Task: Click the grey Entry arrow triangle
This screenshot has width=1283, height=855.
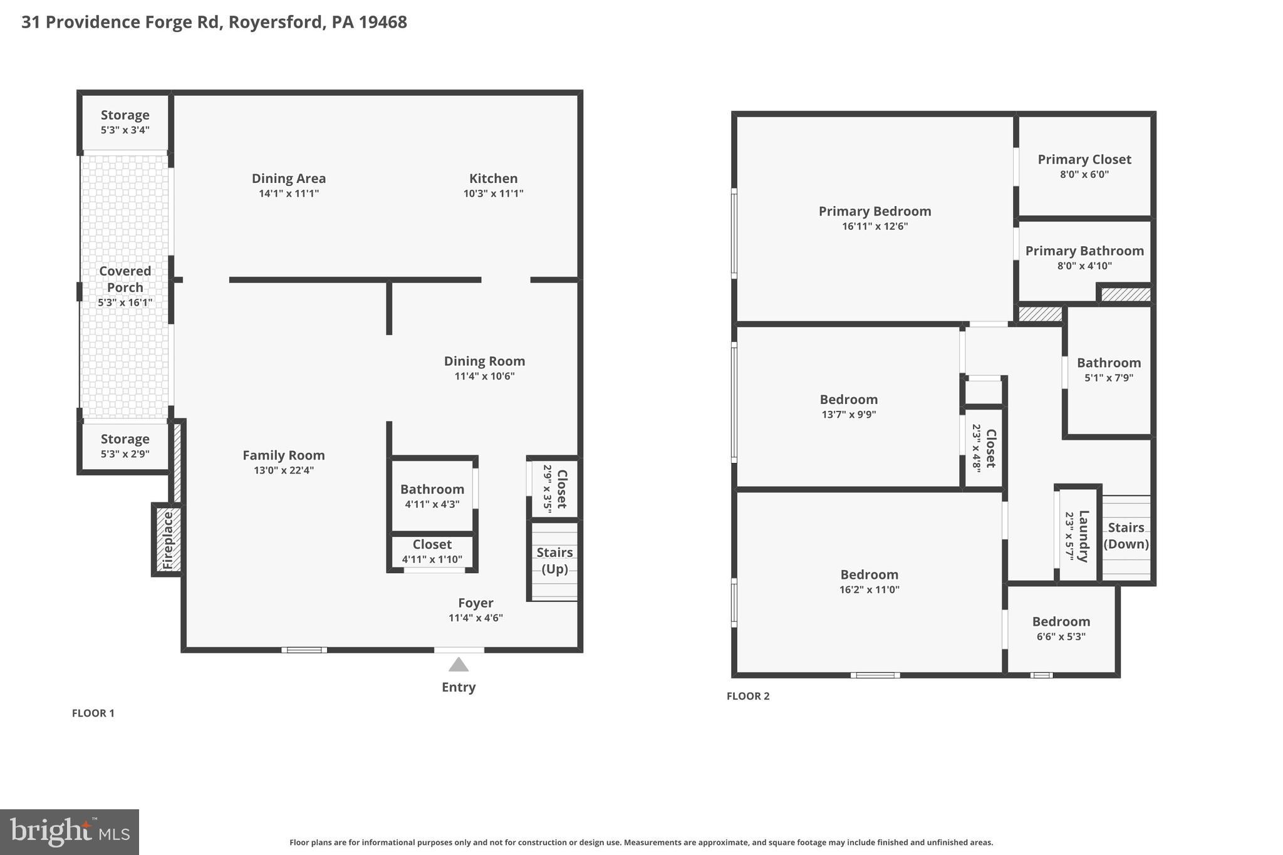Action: (459, 665)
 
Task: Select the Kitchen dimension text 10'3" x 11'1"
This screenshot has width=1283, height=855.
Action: (493, 194)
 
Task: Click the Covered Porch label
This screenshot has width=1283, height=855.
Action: (125, 279)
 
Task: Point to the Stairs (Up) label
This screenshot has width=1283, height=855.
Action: (554, 561)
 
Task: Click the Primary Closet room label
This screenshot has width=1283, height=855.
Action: (1084, 160)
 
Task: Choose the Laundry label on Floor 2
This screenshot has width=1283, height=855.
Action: (1083, 536)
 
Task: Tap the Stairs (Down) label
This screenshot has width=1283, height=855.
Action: (1126, 536)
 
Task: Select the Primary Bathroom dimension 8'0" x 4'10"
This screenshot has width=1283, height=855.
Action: (1084, 266)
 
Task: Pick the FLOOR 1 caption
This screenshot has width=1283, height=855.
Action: (93, 713)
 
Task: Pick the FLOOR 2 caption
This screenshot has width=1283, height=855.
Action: (748, 696)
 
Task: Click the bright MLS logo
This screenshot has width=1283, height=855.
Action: (70, 832)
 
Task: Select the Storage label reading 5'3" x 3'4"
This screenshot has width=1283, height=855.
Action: (125, 130)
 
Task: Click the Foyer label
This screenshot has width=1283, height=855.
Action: (475, 603)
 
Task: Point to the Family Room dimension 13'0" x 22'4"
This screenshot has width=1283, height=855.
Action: (284, 470)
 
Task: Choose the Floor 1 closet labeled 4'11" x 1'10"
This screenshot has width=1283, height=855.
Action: (432, 551)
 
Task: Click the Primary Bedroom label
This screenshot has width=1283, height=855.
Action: (875, 212)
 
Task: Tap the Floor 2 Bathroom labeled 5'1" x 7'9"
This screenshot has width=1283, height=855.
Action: (1109, 370)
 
